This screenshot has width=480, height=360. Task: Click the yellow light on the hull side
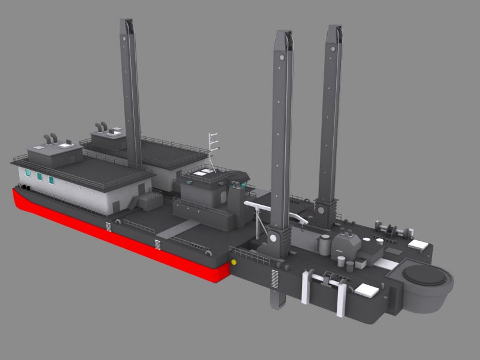pos(234,262)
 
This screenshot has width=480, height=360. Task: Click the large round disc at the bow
pos(424,275)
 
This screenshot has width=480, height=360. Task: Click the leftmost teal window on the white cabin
pos(28,172)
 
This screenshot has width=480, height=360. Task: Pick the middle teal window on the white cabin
pos(39,176)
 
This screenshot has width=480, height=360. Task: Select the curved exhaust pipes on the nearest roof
pos(50,138)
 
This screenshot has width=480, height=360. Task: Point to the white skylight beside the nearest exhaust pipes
pos(66,145)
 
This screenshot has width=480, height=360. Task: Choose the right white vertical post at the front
pos(341,298)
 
